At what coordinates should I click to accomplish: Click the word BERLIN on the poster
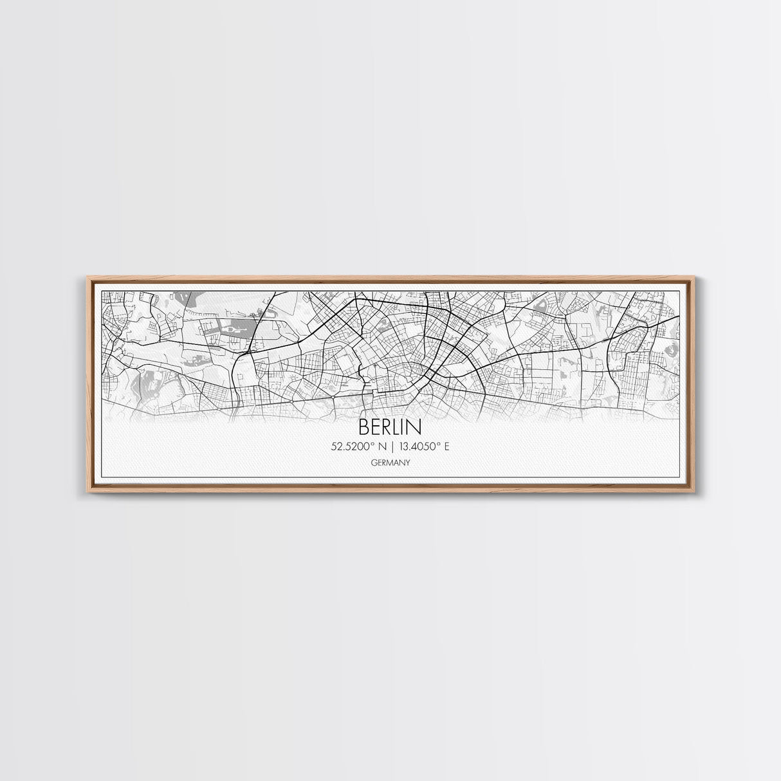pos(390,427)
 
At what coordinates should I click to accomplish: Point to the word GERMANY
pos(390,463)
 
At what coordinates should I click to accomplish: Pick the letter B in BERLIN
pos(364,427)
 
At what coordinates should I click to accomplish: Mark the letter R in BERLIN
pos(387,427)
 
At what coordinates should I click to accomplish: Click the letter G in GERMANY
pos(373,463)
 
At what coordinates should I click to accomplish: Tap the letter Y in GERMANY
pos(408,463)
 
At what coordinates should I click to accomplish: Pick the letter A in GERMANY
pos(396,463)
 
